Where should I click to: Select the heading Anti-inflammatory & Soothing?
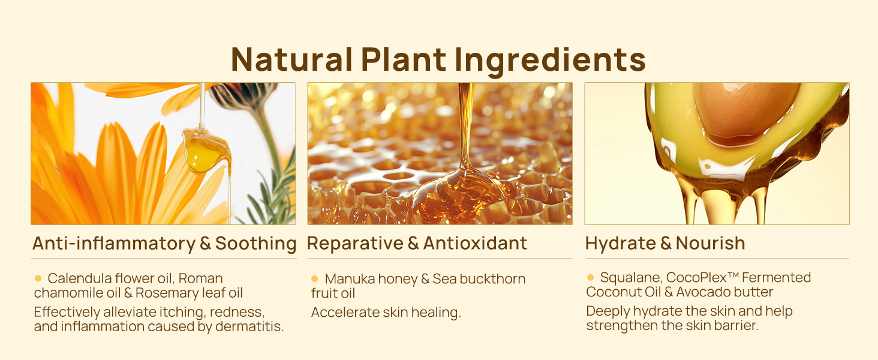pos(164,244)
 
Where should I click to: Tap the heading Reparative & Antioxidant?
pos(417,243)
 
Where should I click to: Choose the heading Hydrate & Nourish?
pos(665,243)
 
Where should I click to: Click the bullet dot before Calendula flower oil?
pos(38,278)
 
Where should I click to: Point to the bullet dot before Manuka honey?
pos(314,278)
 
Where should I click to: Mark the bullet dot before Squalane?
pos(590,277)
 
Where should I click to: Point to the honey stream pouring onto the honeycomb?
pos(465,126)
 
